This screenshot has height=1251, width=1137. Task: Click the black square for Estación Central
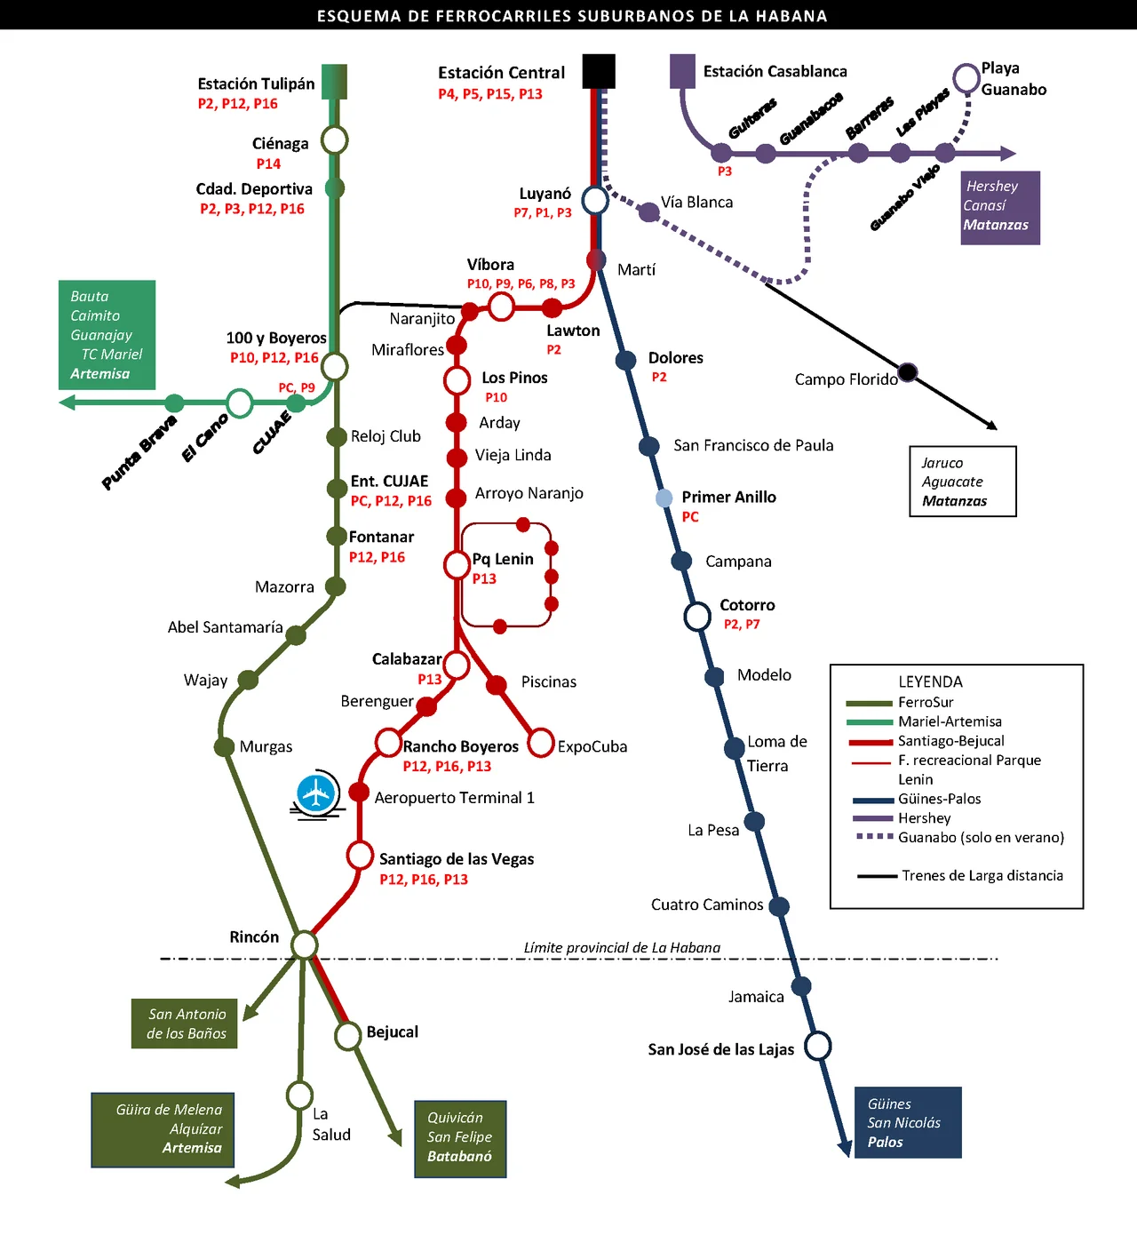599,71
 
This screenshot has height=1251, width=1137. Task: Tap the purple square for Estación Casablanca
682,71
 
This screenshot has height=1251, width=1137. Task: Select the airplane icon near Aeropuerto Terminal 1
316,793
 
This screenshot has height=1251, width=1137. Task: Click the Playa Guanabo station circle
966,77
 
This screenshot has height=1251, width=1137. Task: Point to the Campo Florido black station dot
907,371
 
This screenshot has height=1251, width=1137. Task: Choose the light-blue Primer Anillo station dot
664,498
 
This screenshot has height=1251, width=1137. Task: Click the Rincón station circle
305,944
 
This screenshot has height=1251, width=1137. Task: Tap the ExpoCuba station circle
541,742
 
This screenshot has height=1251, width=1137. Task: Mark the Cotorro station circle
697,615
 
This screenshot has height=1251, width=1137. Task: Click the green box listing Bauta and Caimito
107,335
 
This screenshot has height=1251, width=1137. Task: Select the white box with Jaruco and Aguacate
963,482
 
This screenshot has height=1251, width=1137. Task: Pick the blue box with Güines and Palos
908,1122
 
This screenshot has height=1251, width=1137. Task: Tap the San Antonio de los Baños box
185,1024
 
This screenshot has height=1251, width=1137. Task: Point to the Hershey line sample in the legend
871,817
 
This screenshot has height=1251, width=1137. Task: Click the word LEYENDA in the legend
930,681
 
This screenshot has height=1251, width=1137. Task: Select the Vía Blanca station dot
649,211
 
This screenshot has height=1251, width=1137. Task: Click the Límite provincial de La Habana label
622,947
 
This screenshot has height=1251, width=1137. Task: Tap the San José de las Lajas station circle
818,1046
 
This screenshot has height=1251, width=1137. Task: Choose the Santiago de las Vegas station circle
360,856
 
